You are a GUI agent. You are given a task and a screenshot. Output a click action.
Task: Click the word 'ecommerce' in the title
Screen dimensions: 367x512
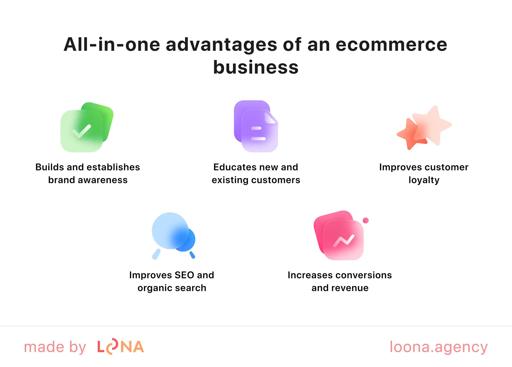point(391,45)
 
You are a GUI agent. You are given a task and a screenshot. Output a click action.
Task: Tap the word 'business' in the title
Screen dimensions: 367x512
point(256,67)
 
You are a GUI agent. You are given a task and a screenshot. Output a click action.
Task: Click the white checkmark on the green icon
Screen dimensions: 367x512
point(82,131)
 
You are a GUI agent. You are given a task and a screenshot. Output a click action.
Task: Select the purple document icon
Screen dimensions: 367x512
point(256,126)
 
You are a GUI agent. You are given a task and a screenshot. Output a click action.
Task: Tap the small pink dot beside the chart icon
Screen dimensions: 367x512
point(366,221)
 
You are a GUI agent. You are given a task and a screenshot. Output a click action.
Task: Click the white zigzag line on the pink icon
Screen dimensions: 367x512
point(344,240)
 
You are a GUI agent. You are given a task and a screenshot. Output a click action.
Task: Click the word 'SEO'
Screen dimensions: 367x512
point(184,275)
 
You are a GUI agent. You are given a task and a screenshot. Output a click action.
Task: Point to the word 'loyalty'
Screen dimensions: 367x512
point(424,180)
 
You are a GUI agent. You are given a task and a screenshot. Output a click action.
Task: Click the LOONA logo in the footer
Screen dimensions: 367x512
point(120,347)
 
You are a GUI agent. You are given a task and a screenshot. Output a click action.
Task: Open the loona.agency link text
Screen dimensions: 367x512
point(439,347)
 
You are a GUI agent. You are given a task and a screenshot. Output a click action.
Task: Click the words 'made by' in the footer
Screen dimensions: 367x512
point(55,347)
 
